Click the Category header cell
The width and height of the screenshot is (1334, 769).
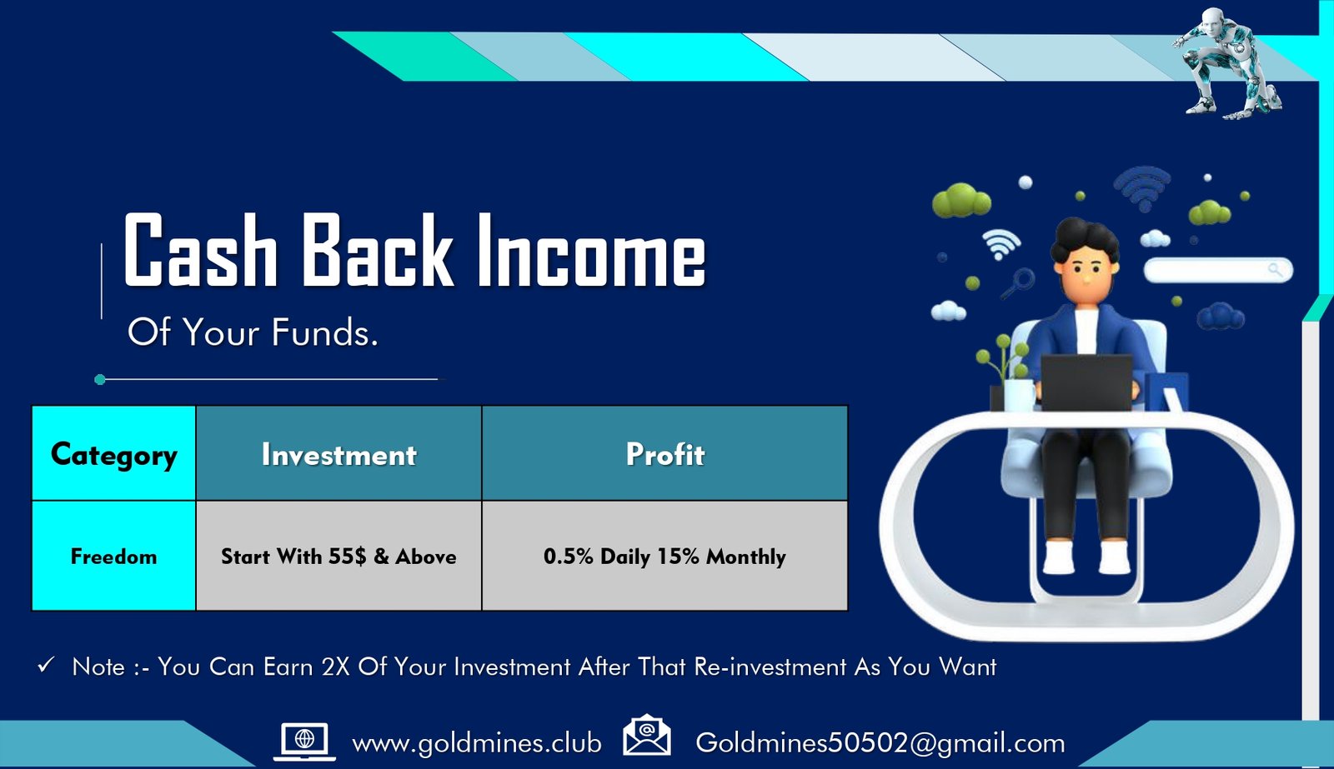(x=113, y=453)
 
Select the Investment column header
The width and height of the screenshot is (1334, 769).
(x=339, y=453)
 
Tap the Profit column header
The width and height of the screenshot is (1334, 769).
(x=664, y=453)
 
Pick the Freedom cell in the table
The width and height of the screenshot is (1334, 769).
(x=113, y=556)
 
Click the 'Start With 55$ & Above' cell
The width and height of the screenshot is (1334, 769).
(x=339, y=556)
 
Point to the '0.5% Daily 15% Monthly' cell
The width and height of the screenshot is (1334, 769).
(x=664, y=556)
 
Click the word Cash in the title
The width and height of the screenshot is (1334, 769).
(x=201, y=250)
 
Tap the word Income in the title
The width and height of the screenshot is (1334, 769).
(x=591, y=250)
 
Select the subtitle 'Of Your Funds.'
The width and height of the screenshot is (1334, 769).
(x=253, y=332)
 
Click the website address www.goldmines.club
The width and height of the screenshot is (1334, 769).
(x=476, y=743)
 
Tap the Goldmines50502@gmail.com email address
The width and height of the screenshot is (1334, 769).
(x=880, y=743)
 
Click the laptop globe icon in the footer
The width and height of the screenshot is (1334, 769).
(x=304, y=742)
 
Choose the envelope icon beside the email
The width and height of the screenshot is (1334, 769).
(x=647, y=735)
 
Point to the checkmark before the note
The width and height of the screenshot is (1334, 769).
(x=46, y=665)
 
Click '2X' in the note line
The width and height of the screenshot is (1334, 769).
(x=335, y=667)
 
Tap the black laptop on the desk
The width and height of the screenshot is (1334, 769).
(x=1086, y=382)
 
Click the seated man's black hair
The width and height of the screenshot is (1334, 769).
(x=1084, y=238)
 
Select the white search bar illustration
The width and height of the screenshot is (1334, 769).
(x=1218, y=270)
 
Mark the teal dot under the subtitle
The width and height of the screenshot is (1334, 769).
(x=100, y=379)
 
